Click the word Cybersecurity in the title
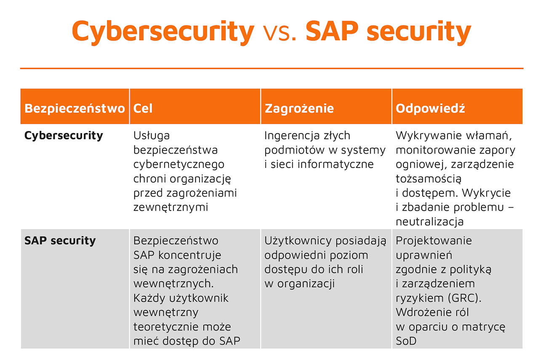(x=163, y=32)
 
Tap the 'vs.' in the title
(x=280, y=34)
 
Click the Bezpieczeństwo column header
(x=75, y=108)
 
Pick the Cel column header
(x=143, y=108)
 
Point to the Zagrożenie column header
(x=299, y=109)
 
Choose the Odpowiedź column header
(x=430, y=108)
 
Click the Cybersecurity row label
(x=64, y=136)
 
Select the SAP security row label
(x=60, y=241)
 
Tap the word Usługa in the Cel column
(x=152, y=136)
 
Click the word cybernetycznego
(x=179, y=165)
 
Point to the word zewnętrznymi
(x=171, y=208)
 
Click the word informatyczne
(x=336, y=165)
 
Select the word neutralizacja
(x=429, y=222)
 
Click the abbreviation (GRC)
(x=464, y=298)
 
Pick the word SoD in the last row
(x=406, y=341)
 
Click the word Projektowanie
(x=434, y=241)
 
